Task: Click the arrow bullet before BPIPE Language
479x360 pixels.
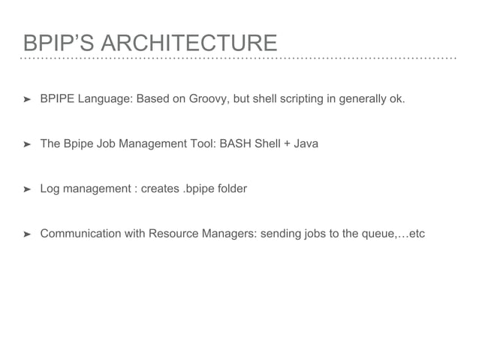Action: click(x=27, y=98)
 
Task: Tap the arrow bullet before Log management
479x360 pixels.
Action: click(x=27, y=189)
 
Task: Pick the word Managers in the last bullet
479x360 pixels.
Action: click(x=231, y=234)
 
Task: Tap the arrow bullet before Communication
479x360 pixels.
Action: click(x=27, y=234)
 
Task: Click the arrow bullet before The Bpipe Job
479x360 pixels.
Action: click(x=27, y=144)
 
